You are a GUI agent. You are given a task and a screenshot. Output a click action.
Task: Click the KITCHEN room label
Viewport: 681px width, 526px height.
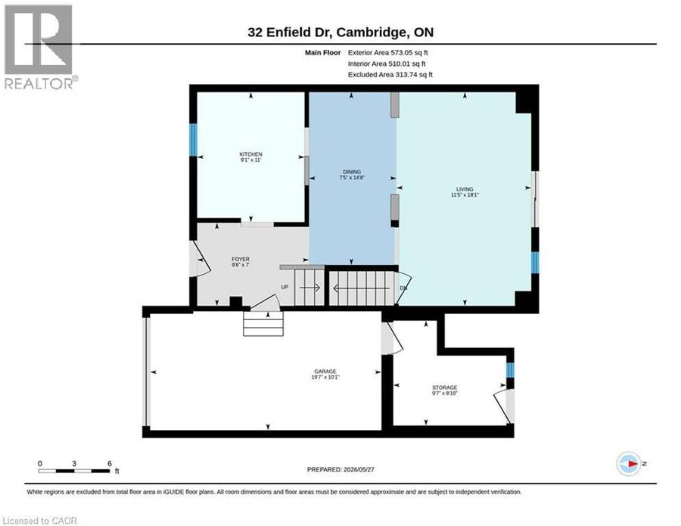250,154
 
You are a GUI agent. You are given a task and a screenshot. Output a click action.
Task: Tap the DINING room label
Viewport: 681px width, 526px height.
352,172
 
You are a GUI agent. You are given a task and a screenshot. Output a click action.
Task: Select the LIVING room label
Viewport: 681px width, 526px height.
465,189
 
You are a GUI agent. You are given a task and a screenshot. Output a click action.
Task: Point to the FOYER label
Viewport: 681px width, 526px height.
240,260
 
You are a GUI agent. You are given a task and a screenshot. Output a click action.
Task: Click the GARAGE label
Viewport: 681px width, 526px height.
325,372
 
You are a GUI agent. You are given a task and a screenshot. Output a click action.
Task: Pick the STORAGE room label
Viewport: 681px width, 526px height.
444,387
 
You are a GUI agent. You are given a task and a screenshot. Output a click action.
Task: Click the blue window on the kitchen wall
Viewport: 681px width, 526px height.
193,140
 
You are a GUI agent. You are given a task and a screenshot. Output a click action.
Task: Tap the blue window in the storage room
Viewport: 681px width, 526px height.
510,370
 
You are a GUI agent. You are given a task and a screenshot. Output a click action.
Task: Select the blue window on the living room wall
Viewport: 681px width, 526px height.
535,263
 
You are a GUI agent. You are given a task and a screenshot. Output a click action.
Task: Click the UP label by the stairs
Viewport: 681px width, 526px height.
285,287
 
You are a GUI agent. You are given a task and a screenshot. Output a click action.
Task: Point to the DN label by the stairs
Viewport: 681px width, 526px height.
403,288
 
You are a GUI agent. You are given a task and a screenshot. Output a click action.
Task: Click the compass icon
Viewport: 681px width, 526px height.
629,464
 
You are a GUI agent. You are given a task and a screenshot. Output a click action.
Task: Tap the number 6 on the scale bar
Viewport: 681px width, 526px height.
110,463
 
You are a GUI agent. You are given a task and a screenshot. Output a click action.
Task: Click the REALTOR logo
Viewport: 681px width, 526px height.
39,47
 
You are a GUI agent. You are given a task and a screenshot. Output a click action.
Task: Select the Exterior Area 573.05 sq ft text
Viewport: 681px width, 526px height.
388,52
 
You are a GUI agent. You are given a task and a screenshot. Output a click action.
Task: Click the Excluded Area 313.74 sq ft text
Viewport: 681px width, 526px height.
390,74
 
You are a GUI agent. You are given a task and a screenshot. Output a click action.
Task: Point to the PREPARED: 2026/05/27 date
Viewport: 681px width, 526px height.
340,469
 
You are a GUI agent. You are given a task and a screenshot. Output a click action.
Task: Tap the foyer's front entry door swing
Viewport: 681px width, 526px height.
201,259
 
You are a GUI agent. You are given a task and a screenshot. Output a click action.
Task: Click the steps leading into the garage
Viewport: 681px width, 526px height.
263,324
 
